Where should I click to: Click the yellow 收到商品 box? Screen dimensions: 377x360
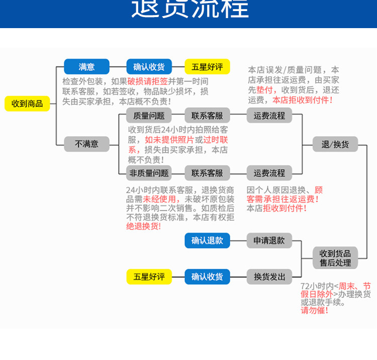27,104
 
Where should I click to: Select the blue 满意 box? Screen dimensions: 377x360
86,67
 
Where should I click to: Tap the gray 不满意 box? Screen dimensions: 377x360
86,144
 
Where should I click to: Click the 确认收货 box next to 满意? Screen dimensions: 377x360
149,67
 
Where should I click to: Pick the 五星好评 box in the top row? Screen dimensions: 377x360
207,67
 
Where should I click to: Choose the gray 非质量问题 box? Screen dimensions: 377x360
149,173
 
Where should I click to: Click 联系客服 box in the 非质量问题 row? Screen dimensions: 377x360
207,173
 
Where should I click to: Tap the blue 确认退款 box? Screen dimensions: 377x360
207,241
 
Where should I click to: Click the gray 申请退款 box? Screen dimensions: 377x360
269,241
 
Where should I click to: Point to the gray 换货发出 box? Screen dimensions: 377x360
269,276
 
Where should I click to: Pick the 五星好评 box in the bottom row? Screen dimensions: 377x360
149,276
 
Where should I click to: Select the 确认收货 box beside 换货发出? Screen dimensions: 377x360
207,276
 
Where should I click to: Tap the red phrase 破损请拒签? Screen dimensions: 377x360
147,81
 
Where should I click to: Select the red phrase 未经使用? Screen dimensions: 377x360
155,199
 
